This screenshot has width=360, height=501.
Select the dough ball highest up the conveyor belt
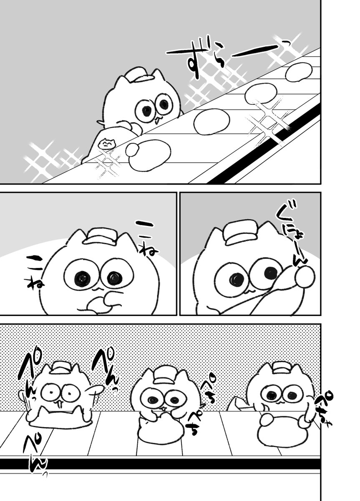(299, 71)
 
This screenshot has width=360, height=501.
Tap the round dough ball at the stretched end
(305, 276)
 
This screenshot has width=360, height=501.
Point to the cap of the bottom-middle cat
(165, 374)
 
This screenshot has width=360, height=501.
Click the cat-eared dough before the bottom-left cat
(58, 417)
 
